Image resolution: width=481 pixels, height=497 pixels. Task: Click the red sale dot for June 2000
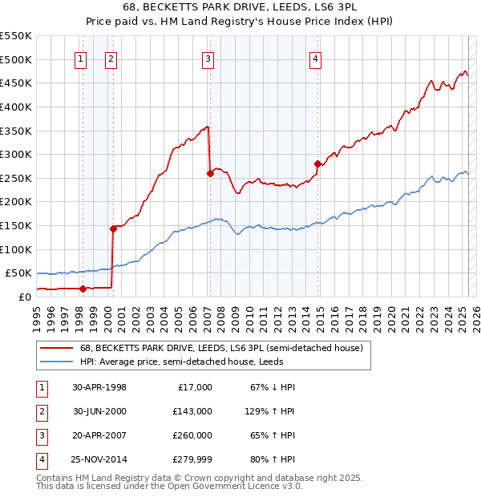[x=113, y=228]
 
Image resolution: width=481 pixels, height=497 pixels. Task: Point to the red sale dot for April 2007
[x=210, y=172]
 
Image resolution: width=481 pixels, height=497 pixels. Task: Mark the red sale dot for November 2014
[x=318, y=164]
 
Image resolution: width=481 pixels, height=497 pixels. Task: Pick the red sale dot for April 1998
[x=83, y=289]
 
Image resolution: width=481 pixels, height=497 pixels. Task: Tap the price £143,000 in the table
[x=192, y=410]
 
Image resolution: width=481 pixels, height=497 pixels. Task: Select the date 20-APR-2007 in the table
[x=99, y=435]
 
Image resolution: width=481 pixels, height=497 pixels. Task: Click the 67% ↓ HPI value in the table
[x=273, y=386]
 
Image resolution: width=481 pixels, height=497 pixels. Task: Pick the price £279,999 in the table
[x=192, y=459]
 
